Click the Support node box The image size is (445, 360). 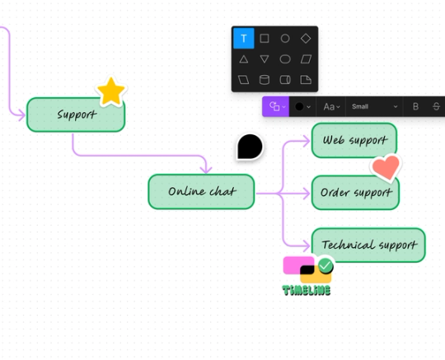coord(76,115)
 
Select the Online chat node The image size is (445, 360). coord(201,191)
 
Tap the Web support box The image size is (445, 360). coord(354,140)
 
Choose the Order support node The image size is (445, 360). coord(354,193)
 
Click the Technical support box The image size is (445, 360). coord(368,245)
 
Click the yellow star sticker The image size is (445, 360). coord(110,91)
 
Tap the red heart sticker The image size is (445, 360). coord(385,167)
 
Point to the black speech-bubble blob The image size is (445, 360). coord(250,147)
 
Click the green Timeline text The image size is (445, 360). coord(307,290)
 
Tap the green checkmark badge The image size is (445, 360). coord(326,265)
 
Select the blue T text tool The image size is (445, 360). coord(244,38)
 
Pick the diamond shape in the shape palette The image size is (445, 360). coord(306,38)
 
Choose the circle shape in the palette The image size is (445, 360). coord(285,38)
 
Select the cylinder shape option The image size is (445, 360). coord(265,80)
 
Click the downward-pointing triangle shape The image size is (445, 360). coord(265,58)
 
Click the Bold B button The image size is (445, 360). coord(415,106)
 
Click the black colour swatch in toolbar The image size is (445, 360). coord(301,106)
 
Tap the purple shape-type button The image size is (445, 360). coord(274,106)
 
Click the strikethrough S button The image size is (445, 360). coord(436,106)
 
